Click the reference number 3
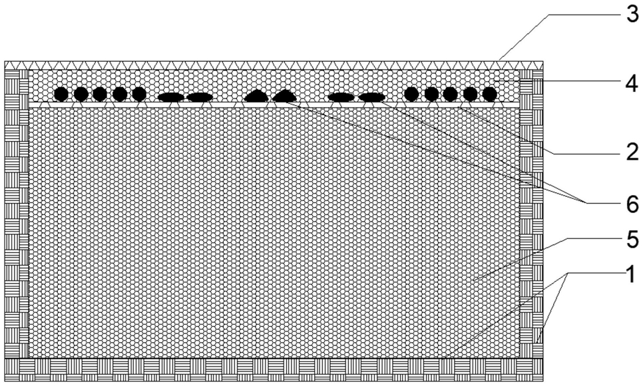(x=632, y=15)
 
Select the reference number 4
(x=632, y=84)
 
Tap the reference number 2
(x=632, y=153)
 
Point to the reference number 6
(x=632, y=204)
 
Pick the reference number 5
(x=632, y=239)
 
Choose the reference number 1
(x=632, y=274)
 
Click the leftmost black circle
(x=61, y=95)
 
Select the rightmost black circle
(x=489, y=95)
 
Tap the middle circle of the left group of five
(x=100, y=95)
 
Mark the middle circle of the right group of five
(x=450, y=95)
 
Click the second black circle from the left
(x=81, y=95)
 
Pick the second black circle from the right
(x=470, y=95)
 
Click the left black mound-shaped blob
(x=256, y=96)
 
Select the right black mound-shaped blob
(x=285, y=96)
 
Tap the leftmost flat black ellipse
(x=171, y=97)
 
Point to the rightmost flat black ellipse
(x=372, y=97)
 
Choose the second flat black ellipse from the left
(x=200, y=97)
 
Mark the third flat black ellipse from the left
(x=341, y=97)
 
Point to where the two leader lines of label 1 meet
(x=568, y=273)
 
